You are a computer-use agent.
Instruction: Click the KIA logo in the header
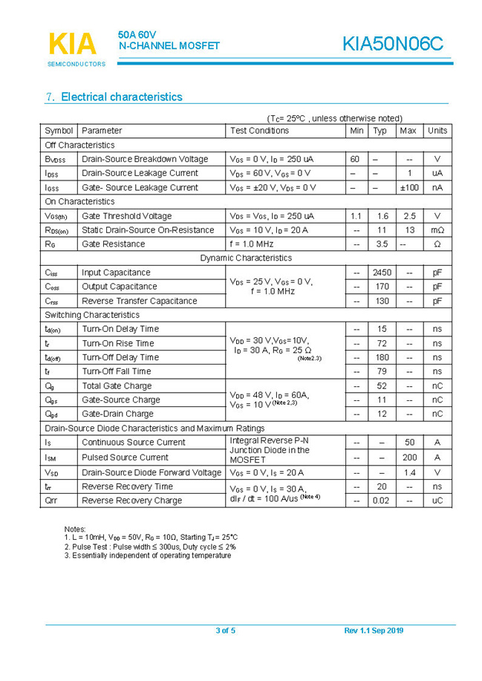(73, 44)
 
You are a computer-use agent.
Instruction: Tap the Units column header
(437, 131)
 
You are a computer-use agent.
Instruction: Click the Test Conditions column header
(259, 131)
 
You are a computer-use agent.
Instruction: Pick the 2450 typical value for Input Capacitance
(382, 273)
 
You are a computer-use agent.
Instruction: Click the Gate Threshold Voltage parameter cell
(126, 216)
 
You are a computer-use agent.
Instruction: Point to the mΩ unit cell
(437, 230)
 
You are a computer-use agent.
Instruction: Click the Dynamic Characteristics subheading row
(246, 258)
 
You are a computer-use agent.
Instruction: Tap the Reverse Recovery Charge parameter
(131, 501)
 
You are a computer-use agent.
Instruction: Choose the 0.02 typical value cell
(381, 501)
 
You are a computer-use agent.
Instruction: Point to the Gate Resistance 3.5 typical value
(382, 244)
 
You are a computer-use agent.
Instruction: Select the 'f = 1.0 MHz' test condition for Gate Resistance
(252, 244)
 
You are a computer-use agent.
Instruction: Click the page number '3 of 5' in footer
(225, 631)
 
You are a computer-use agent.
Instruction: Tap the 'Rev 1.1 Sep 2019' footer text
(374, 631)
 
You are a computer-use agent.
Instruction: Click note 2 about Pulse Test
(150, 546)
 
